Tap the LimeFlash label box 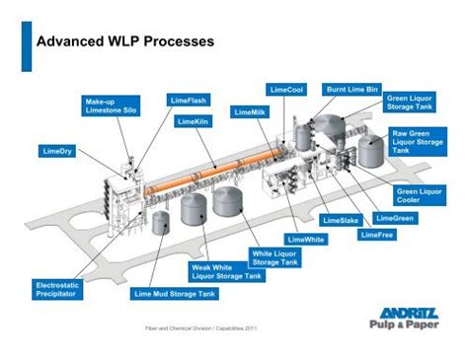tap(188, 101)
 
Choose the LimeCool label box tap(287, 90)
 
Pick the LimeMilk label tap(252, 113)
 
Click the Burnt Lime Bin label tap(352, 89)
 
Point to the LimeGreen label tap(395, 217)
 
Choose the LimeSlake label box tap(340, 219)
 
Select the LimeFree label tap(379, 235)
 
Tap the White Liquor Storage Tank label tap(278, 258)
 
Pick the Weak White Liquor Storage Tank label tap(226, 272)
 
